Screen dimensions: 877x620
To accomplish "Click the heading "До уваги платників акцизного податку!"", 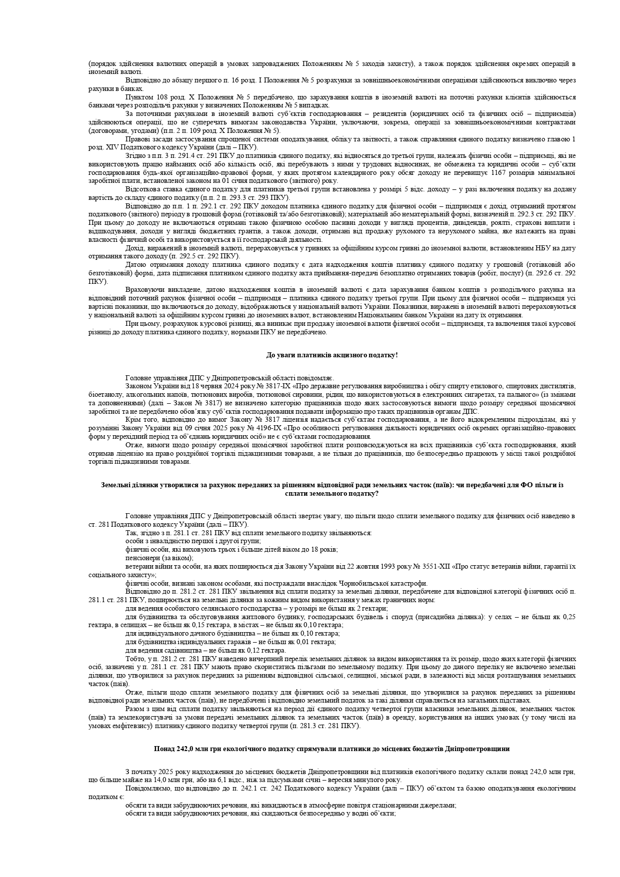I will pyautogui.click(x=332, y=355).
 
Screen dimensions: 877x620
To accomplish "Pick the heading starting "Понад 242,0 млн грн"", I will pyautogui.click(x=332, y=749).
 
